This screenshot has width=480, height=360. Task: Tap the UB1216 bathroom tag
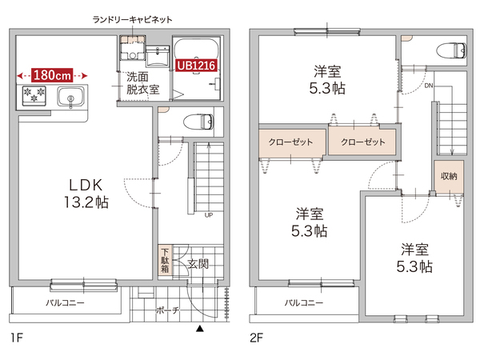point(197,65)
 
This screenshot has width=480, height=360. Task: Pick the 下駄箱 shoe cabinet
point(163,261)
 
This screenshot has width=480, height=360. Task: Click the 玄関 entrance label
point(198,263)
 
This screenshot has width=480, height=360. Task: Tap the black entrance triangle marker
point(200,328)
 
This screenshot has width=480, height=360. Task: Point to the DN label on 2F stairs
point(429,84)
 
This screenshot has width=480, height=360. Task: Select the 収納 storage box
point(449,176)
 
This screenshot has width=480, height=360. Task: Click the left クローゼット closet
point(291,142)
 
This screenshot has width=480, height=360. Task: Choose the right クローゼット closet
point(362,142)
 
